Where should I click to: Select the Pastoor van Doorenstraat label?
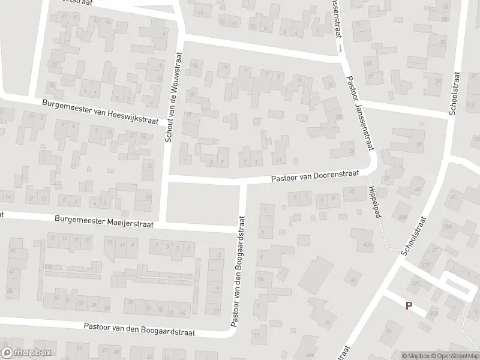[x=314, y=175]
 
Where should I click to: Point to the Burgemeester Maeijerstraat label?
[x=104, y=221]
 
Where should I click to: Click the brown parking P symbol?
[x=409, y=305]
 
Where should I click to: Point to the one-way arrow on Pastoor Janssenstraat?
[x=341, y=47]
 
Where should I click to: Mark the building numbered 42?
[x=353, y=280]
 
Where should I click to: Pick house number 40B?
[x=403, y=217]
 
